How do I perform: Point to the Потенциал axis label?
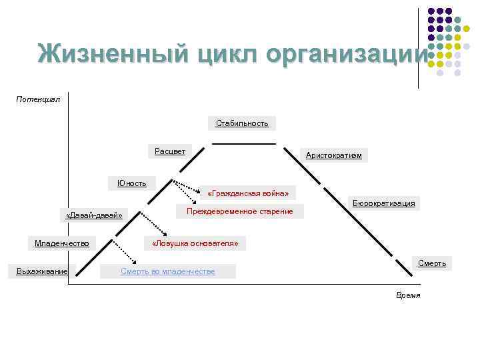tap(38, 99)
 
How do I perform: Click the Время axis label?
tap(408, 295)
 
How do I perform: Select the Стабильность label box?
tap(242, 123)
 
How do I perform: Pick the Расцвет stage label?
tap(170, 151)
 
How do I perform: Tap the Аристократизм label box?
tap(333, 155)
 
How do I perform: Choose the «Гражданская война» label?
tap(248, 193)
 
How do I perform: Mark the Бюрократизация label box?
tap(383, 203)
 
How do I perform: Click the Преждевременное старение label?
tap(239, 211)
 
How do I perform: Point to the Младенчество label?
tap(62, 243)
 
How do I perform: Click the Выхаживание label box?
tap(42, 271)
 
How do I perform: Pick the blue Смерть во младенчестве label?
tap(167, 271)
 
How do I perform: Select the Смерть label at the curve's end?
tap(431, 263)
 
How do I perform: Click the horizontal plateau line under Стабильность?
tap(243, 143)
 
